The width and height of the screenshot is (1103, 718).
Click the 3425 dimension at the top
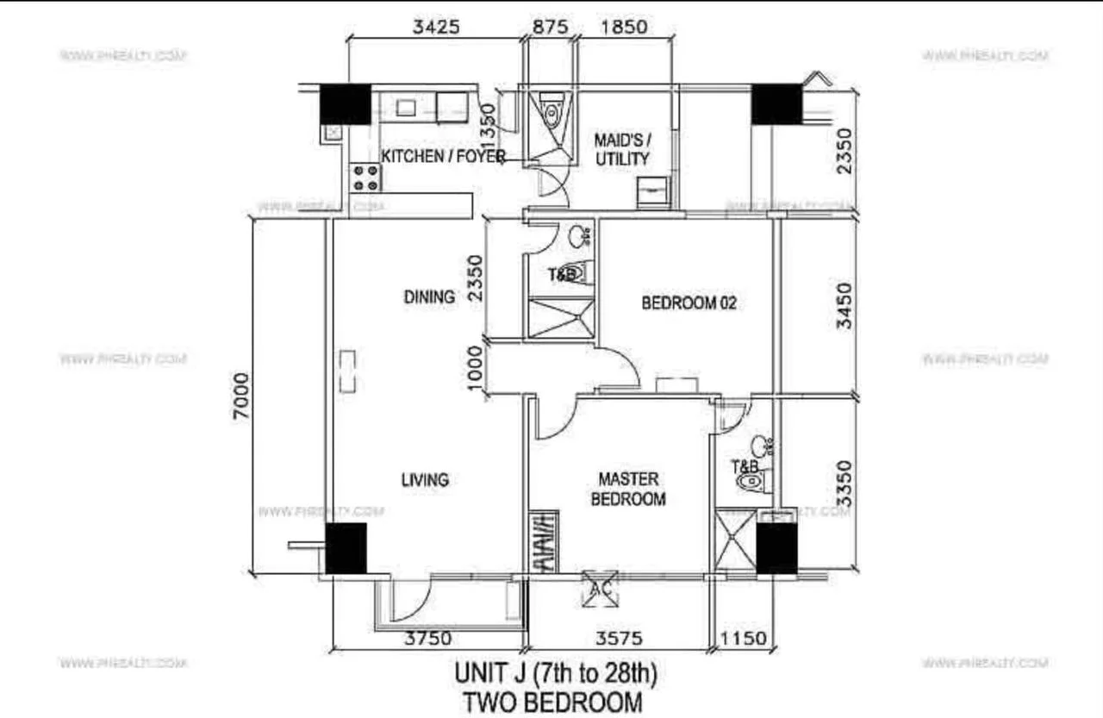[x=436, y=27]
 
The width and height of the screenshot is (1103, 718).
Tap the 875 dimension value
[x=551, y=27]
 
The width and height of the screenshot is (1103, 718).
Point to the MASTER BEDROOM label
[x=628, y=489]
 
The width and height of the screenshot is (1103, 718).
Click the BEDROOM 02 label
[x=688, y=303]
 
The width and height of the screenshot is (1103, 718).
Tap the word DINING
[x=429, y=297]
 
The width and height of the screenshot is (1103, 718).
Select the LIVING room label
[x=425, y=480]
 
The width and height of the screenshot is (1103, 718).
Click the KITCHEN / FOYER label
[x=443, y=157]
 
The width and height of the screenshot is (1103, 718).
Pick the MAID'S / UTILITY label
[x=622, y=149]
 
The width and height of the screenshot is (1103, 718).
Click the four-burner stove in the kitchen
[x=365, y=177]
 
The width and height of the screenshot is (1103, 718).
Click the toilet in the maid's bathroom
[x=552, y=112]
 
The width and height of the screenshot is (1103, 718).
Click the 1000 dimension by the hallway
[x=474, y=369]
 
